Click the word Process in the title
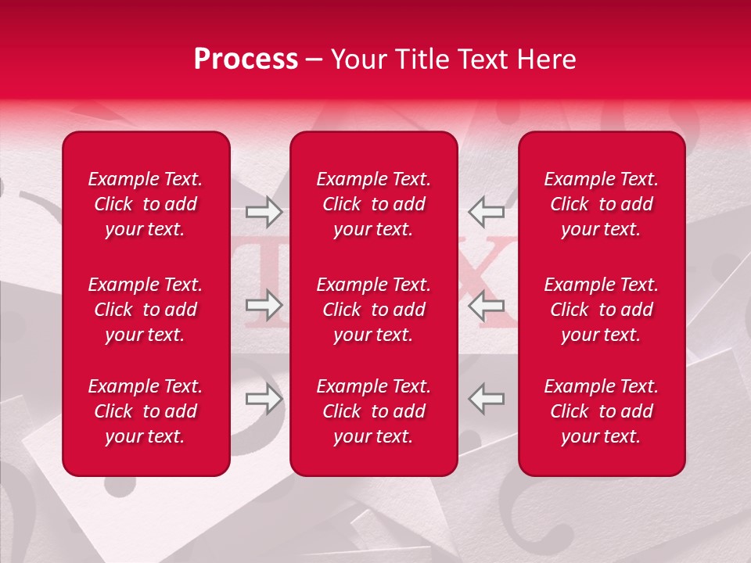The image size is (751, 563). pyautogui.click(x=246, y=59)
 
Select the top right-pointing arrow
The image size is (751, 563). pyautogui.click(x=264, y=211)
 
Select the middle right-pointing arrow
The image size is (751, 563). pyautogui.click(x=264, y=305)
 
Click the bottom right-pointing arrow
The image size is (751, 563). pyautogui.click(x=264, y=399)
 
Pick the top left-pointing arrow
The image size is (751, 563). pyautogui.click(x=486, y=211)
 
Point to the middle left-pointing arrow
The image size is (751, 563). pyautogui.click(x=486, y=305)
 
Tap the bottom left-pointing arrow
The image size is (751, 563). pyautogui.click(x=486, y=399)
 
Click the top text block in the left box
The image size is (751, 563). pyautogui.click(x=146, y=204)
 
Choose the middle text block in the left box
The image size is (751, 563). pyautogui.click(x=146, y=310)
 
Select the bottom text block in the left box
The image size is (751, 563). pyautogui.click(x=146, y=411)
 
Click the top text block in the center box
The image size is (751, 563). pyautogui.click(x=374, y=204)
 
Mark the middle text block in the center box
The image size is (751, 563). pyautogui.click(x=374, y=310)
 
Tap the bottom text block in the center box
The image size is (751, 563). pyautogui.click(x=374, y=411)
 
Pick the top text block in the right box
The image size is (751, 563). pyautogui.click(x=602, y=204)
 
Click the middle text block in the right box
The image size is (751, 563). pyautogui.click(x=602, y=310)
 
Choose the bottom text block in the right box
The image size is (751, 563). pyautogui.click(x=602, y=411)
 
